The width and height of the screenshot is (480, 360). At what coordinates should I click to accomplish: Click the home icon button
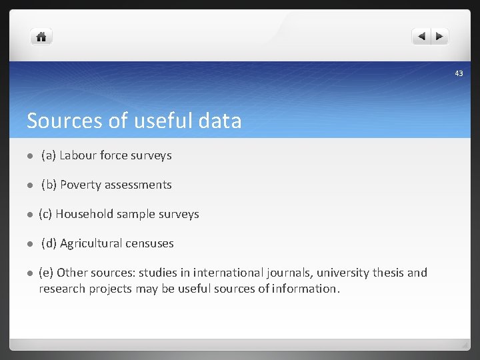pyautogui.click(x=41, y=37)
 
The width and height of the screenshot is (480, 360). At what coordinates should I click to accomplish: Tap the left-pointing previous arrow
pyautogui.click(x=421, y=37)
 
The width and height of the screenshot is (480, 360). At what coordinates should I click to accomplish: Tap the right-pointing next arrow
pyautogui.click(x=441, y=37)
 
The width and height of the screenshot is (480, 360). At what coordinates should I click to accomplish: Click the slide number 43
pyautogui.click(x=459, y=73)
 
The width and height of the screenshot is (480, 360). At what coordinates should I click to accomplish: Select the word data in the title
pyautogui.click(x=220, y=121)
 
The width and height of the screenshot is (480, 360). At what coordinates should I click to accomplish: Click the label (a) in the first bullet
pyautogui.click(x=48, y=155)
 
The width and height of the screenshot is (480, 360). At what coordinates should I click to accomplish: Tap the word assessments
pyautogui.click(x=138, y=185)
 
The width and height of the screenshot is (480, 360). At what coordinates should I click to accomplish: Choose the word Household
pyautogui.click(x=85, y=214)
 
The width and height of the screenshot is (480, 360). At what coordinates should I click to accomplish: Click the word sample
pyautogui.click(x=136, y=214)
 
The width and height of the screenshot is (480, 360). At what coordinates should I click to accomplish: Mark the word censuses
pyautogui.click(x=150, y=243)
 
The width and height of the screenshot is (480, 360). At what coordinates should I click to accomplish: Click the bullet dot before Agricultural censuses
pyautogui.click(x=30, y=244)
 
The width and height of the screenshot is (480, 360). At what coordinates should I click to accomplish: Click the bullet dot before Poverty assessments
pyautogui.click(x=30, y=185)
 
